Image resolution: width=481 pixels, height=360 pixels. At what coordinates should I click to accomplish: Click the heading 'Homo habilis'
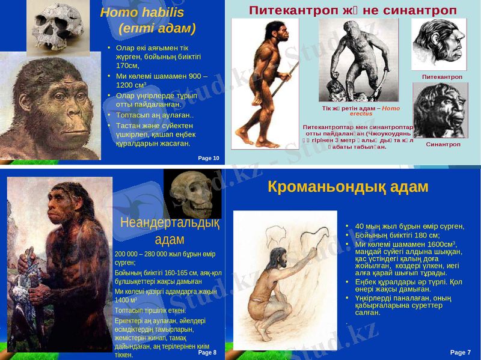(x=142, y=13)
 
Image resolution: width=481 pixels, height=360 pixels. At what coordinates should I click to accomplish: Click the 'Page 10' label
(x=209, y=157)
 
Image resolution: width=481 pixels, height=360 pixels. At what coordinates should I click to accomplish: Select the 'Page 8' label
(x=206, y=352)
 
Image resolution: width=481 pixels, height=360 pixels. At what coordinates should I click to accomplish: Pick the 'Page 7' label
(x=461, y=352)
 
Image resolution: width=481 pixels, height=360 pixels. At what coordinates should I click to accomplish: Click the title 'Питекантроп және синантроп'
(x=353, y=10)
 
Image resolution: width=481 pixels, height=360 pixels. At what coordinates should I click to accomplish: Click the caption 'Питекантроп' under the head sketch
(x=442, y=77)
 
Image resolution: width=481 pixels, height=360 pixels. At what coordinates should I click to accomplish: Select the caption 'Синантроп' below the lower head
(x=443, y=144)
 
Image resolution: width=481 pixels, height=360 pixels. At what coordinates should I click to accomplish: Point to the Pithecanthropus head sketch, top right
(x=438, y=44)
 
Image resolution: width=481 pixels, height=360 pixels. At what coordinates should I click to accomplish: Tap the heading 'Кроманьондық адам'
(x=348, y=187)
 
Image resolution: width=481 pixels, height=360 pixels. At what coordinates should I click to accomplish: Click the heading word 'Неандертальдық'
(x=169, y=223)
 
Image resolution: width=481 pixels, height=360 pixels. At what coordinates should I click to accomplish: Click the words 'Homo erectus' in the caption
(x=379, y=111)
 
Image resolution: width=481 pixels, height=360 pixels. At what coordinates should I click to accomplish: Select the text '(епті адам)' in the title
(x=158, y=28)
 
